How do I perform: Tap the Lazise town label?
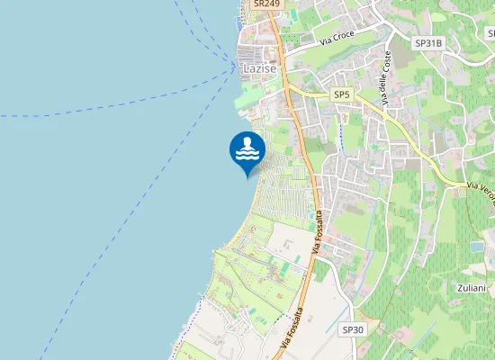(x=259, y=68)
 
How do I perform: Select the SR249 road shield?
(x=267, y=4)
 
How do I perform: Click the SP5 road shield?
(x=341, y=94)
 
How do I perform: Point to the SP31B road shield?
(x=427, y=42)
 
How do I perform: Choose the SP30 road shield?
(x=353, y=330)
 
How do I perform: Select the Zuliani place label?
(x=471, y=288)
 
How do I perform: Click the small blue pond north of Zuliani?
(x=476, y=246)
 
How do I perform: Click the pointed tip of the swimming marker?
(x=247, y=177)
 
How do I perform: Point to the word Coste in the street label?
(x=388, y=63)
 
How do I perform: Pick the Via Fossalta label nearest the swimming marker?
(x=317, y=229)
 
